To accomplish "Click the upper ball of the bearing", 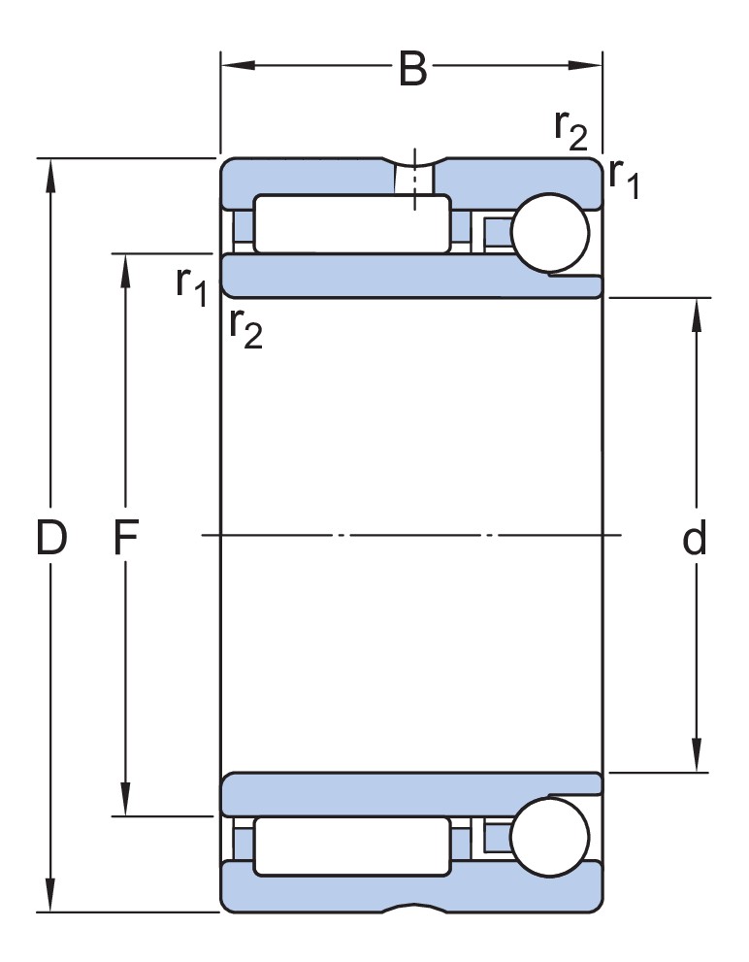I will [x=550, y=233].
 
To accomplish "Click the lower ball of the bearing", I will [x=550, y=837].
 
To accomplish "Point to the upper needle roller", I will [x=352, y=224].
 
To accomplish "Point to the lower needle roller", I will [x=352, y=846].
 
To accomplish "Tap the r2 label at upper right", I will [x=570, y=129].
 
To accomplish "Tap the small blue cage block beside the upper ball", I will [x=497, y=233].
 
